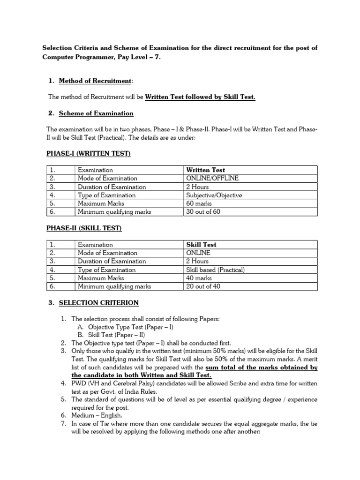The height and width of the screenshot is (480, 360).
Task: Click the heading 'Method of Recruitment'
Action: coord(95,81)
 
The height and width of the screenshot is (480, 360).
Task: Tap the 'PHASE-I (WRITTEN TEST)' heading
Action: coord(88,154)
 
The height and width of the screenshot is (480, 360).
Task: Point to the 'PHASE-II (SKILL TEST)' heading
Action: coord(84,228)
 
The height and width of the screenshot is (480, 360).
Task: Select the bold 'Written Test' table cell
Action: coord(206,170)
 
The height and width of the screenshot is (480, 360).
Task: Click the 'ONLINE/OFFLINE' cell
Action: coord(212,179)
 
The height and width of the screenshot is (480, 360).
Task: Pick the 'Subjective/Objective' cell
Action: coord(214,195)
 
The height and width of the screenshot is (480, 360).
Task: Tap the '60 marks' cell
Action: coord(199,203)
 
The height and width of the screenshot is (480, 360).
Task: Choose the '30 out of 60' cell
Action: coord(203,212)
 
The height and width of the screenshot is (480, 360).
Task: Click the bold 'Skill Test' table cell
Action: coord(202,245)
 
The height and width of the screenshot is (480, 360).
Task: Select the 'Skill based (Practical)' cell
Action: coord(216,270)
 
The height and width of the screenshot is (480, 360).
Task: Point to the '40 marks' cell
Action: coord(199,278)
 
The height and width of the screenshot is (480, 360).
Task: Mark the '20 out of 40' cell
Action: coord(203,286)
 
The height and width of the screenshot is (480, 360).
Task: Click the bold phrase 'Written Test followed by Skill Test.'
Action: coord(200,97)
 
